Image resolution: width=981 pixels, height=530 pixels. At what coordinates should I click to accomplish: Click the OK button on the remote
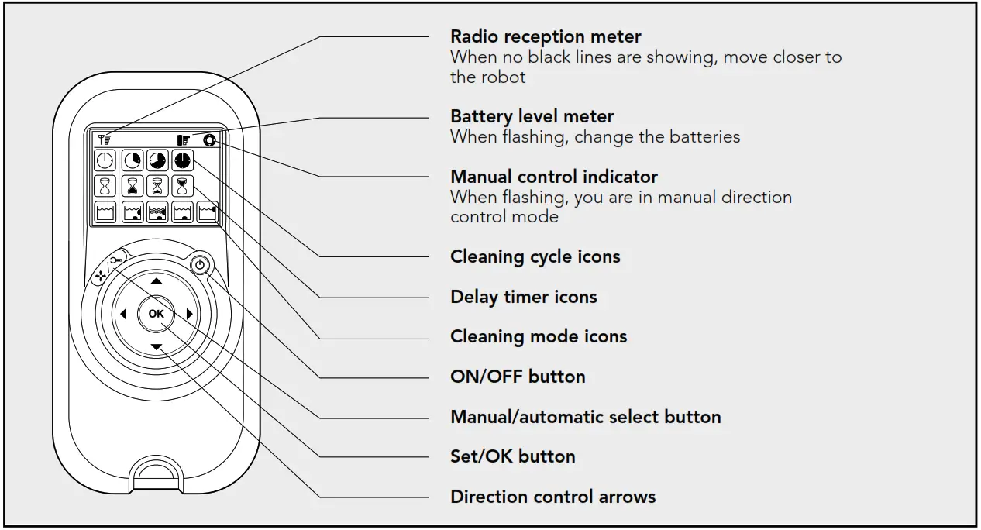(156, 314)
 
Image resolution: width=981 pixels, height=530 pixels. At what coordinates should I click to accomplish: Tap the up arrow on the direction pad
(156, 281)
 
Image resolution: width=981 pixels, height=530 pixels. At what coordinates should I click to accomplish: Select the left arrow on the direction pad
(122, 314)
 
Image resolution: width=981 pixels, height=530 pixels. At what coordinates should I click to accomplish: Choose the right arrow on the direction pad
(189, 314)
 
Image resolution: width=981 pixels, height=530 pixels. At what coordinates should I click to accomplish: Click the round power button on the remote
(200, 265)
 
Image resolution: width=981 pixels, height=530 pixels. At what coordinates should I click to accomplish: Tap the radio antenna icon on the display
(104, 139)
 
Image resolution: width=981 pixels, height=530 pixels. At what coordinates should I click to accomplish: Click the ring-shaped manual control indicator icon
(208, 140)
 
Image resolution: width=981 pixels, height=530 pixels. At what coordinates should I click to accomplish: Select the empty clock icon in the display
(105, 160)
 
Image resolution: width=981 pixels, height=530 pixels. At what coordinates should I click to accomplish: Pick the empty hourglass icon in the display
(105, 186)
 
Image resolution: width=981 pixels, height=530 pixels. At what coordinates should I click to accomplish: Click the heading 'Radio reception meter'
(546, 36)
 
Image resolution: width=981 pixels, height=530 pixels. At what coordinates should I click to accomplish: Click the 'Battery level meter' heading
(532, 116)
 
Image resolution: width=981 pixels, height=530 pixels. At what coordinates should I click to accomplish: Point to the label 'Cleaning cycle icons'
(535, 256)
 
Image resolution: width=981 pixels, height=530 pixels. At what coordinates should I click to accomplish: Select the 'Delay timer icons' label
(523, 297)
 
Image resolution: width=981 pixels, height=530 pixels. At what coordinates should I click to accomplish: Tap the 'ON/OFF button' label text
(518, 377)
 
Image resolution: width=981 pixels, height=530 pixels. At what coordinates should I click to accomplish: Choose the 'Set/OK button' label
(512, 456)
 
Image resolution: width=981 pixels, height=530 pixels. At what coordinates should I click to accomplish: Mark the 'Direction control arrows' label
(552, 497)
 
